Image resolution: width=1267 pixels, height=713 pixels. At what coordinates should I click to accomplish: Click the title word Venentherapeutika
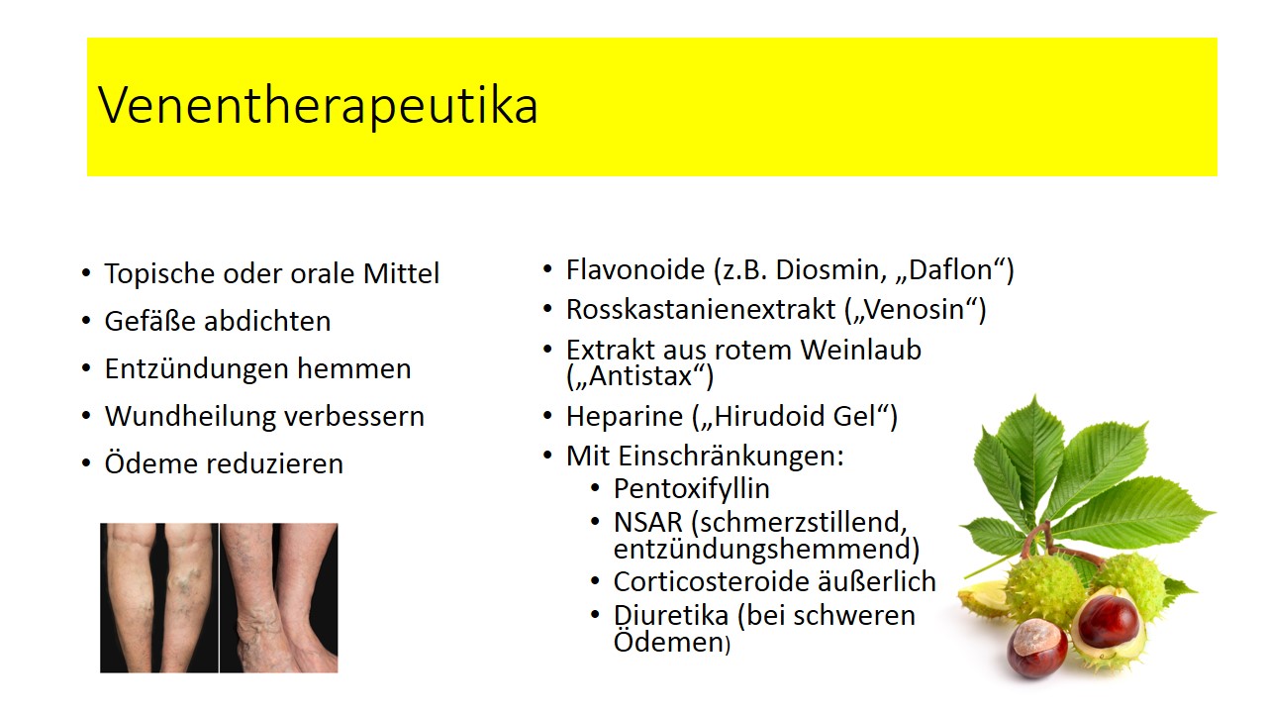click(x=318, y=105)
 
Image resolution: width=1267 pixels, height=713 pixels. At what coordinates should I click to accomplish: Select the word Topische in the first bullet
click(x=159, y=274)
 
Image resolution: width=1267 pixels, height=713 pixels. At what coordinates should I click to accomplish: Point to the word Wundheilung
click(x=189, y=417)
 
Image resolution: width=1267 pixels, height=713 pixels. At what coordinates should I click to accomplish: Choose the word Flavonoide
click(x=635, y=269)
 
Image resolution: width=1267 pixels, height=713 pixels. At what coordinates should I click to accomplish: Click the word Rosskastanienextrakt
click(x=701, y=309)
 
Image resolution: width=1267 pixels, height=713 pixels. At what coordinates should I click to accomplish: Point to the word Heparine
click(x=625, y=417)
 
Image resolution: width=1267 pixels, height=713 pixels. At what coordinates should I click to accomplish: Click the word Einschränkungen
click(x=731, y=457)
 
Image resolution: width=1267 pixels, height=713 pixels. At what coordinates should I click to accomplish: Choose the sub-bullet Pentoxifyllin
click(x=691, y=489)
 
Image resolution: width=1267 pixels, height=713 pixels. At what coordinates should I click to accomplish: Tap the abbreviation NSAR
click(x=647, y=522)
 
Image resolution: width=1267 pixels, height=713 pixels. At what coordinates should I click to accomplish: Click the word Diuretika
click(x=671, y=616)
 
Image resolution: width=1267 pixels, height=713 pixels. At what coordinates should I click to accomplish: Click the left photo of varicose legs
click(x=159, y=597)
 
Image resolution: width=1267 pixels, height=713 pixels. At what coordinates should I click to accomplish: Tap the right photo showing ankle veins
click(x=279, y=597)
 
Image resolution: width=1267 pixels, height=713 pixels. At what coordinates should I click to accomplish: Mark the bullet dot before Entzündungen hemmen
click(x=86, y=369)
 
